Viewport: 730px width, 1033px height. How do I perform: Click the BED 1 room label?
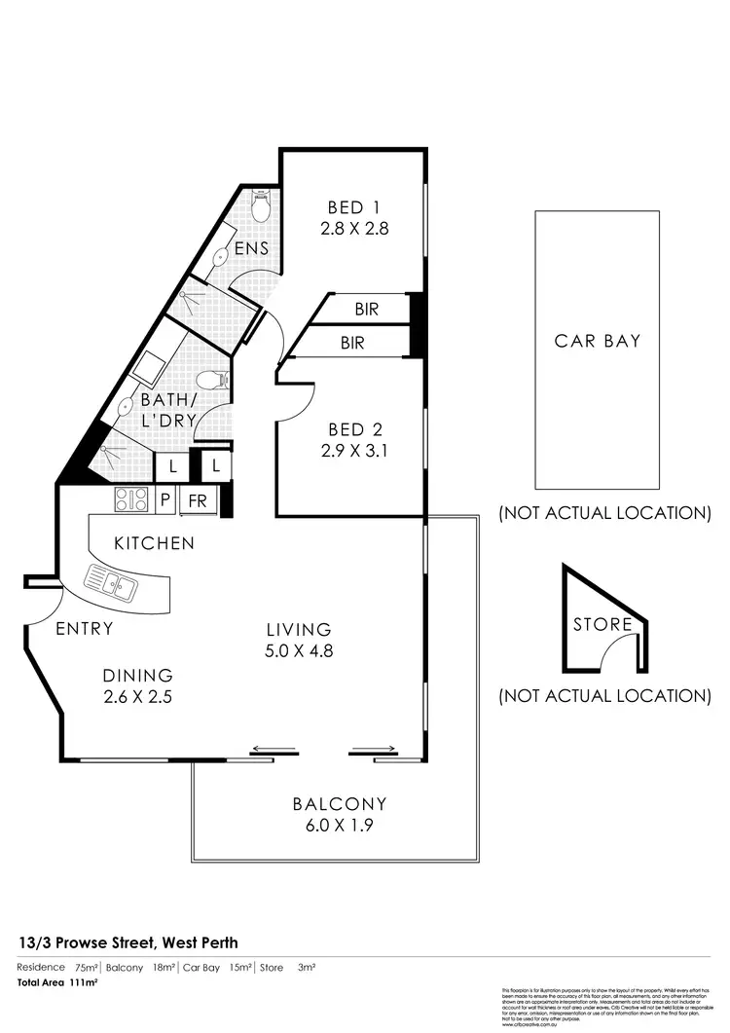pos(352,207)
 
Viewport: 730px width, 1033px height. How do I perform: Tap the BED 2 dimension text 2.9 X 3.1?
pos(354,451)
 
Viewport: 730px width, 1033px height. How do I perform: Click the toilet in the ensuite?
pos(260,206)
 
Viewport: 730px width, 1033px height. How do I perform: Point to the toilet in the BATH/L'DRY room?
pos(210,379)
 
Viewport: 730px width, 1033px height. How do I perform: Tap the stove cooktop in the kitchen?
pos(130,500)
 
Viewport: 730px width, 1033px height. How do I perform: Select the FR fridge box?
pos(197,501)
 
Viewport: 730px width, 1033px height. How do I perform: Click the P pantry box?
pos(164,501)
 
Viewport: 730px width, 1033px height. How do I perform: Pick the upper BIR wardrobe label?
pos(366,310)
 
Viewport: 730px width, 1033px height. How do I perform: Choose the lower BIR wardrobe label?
pos(352,343)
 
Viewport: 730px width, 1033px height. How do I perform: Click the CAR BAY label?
pos(598,341)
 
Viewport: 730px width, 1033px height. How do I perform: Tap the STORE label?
pos(602,624)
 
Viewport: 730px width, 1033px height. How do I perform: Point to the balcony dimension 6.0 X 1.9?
pos(340,825)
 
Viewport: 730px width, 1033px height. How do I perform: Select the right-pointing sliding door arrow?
pos(375,751)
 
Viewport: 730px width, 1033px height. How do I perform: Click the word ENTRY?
pos(84,629)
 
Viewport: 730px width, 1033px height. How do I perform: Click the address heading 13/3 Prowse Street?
pos(128,942)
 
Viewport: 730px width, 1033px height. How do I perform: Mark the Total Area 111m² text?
pos(58,983)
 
